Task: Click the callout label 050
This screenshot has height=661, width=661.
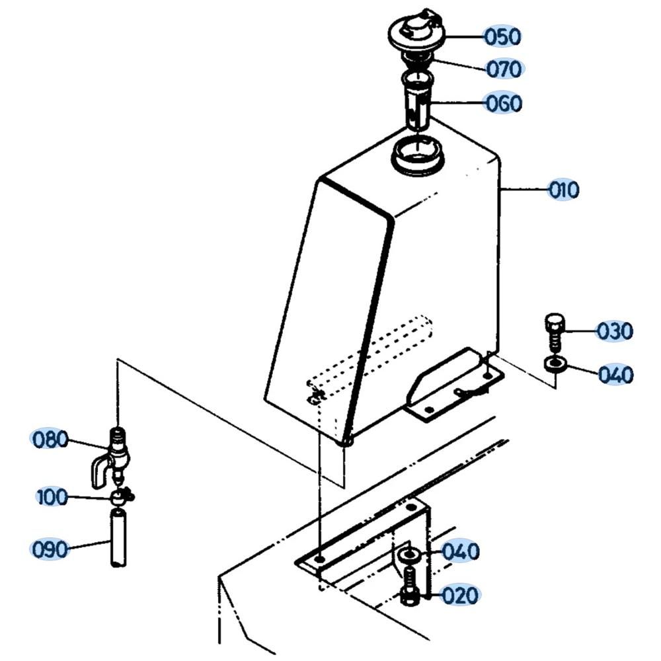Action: (x=502, y=36)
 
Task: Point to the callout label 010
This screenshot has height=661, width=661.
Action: (x=563, y=190)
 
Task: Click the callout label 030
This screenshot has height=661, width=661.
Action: (x=614, y=330)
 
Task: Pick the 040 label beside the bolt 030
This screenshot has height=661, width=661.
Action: (x=615, y=375)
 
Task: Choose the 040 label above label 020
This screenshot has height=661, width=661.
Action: (x=460, y=551)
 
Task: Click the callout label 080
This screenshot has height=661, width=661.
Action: (x=50, y=439)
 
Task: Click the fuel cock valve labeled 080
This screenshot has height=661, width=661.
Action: (x=116, y=453)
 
